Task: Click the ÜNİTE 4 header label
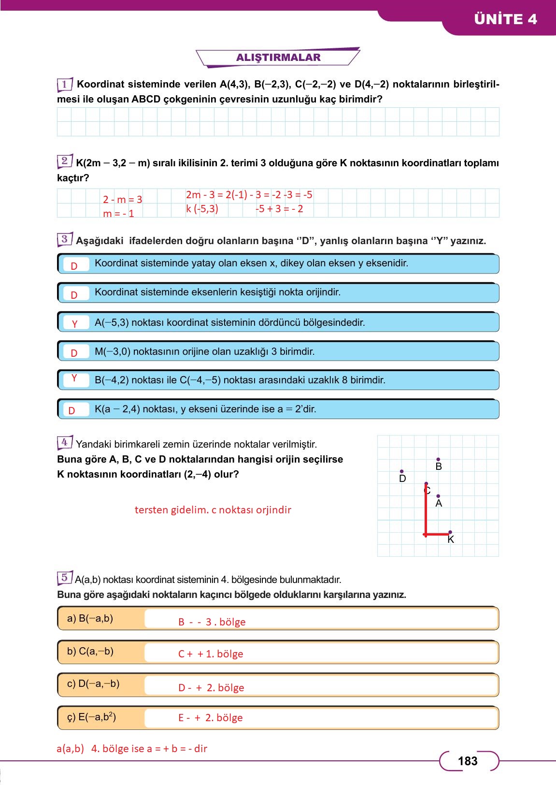coord(505,19)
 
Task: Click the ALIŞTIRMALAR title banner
coord(278,58)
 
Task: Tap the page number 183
coord(467,761)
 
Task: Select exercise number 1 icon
coord(65,85)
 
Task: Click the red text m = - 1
coord(118,214)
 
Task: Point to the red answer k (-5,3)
coord(202,209)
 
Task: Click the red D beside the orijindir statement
coord(74,295)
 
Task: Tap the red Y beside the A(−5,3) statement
coord(74,324)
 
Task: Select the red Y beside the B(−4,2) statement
coord(74,378)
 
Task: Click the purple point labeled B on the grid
coord(438,460)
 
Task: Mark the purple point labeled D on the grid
coord(401,471)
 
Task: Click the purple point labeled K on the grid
coord(450,532)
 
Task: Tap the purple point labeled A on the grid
coord(438,496)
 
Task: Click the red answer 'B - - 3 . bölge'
coord(212,622)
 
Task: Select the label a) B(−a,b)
coord(90,618)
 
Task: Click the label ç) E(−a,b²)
coord(91,717)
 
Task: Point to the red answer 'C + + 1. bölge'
coord(211,654)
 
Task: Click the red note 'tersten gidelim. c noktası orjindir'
coord(213,510)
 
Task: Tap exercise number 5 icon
coord(65,578)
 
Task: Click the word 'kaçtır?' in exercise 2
coord(73,178)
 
